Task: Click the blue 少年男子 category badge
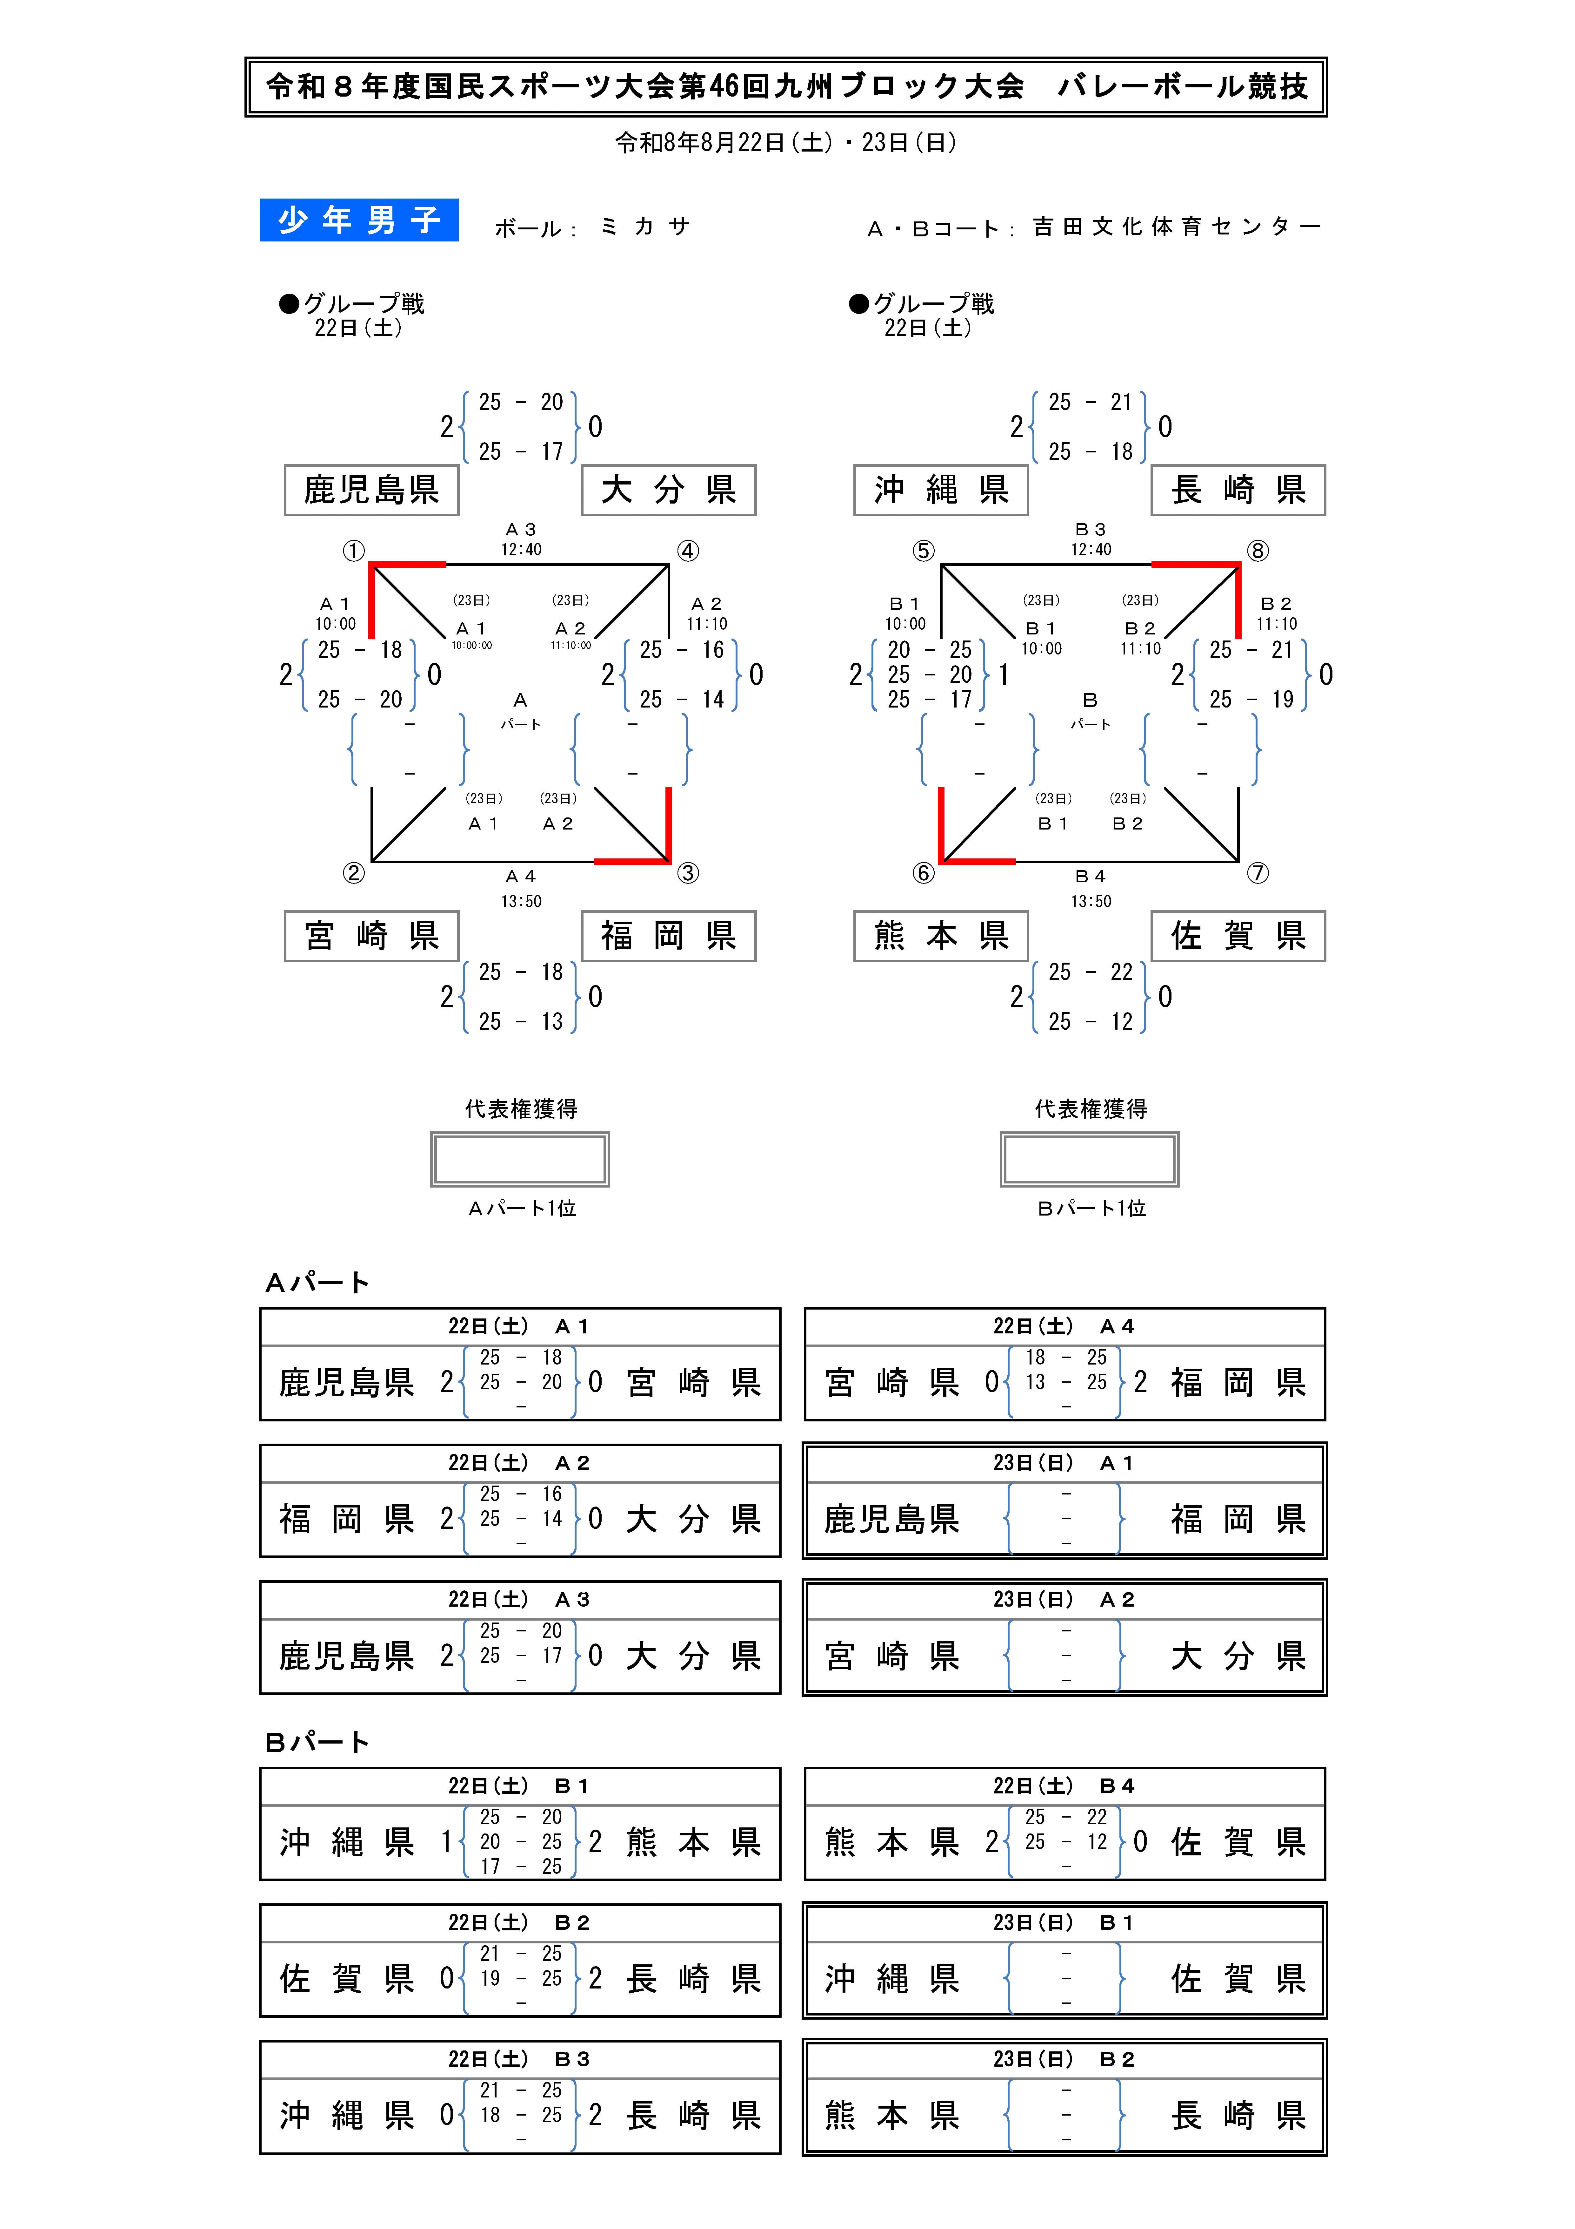click(x=359, y=220)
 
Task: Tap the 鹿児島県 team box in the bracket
click(x=372, y=490)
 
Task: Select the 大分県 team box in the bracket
click(x=669, y=490)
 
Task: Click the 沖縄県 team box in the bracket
click(x=941, y=490)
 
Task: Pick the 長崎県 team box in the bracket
click(x=1238, y=490)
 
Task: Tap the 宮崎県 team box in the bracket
click(x=372, y=936)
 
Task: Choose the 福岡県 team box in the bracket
click(x=669, y=936)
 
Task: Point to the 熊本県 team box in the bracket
click(x=941, y=936)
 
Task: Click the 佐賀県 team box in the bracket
click(x=1238, y=936)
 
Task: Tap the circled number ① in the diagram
click(x=353, y=552)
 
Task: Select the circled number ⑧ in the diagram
click(x=1258, y=552)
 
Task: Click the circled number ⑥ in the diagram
click(x=923, y=873)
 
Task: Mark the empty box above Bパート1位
click(x=1090, y=1159)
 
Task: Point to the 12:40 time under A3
click(x=521, y=550)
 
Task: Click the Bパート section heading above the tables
click(x=317, y=1743)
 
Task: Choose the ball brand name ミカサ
click(x=645, y=226)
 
